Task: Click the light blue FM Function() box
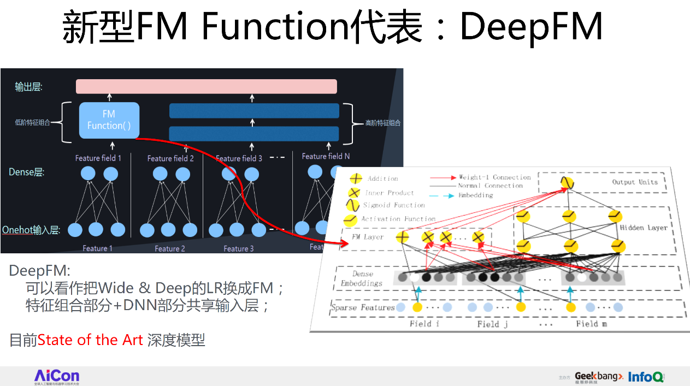(109, 120)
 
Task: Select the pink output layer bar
(207, 86)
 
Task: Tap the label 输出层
(28, 86)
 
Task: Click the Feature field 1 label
(98, 158)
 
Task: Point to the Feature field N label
(326, 156)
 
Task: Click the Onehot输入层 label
(31, 230)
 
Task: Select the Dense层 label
(26, 173)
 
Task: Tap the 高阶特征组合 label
(383, 123)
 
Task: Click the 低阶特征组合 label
(32, 123)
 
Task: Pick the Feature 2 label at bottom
(170, 249)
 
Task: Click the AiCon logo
(57, 376)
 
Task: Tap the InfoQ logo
(646, 377)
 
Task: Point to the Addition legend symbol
(356, 179)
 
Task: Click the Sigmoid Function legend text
(394, 206)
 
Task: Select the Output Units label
(635, 182)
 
